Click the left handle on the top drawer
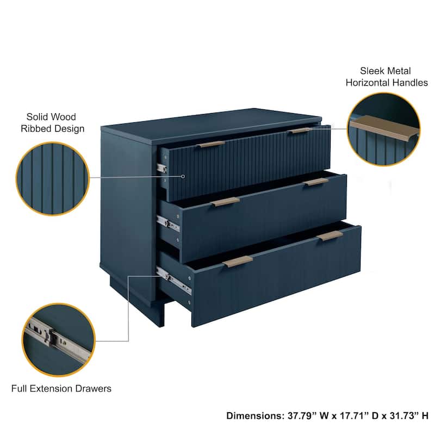[x=211, y=145]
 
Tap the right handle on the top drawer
[x=299, y=130]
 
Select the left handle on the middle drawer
[x=225, y=202]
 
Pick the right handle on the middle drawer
[x=316, y=182]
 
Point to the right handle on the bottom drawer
[x=330, y=235]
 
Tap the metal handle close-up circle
[x=384, y=129]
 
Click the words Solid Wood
[x=51, y=117]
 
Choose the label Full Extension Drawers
[x=61, y=389]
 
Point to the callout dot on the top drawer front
[x=183, y=176]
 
